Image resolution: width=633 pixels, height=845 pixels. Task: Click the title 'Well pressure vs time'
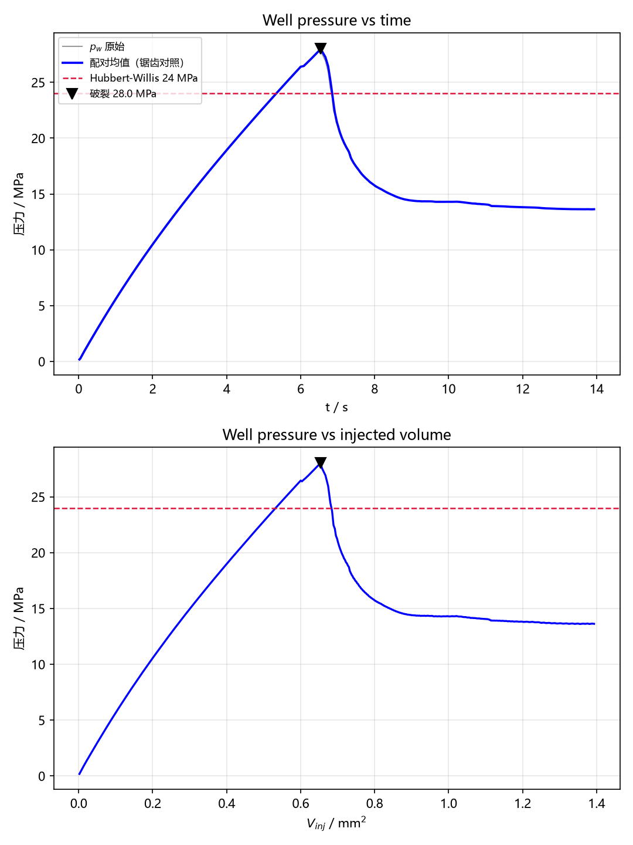336,20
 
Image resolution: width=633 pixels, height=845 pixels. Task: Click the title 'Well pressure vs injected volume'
336,435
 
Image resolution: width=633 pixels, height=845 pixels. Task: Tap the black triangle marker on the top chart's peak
320,48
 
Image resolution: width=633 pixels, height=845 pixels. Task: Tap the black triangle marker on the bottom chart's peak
320,462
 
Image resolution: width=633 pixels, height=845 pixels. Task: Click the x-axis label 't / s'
336,407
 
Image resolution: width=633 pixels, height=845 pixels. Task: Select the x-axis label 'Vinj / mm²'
336,823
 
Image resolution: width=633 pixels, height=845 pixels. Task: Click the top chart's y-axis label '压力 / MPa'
19,204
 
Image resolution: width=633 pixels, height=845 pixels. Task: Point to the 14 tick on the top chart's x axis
597,389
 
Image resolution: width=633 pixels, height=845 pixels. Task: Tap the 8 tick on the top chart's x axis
375,389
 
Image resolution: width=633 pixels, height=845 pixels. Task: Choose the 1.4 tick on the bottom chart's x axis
597,803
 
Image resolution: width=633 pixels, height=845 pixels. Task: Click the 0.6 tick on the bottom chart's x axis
301,803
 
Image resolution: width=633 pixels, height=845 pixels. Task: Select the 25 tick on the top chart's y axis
39,83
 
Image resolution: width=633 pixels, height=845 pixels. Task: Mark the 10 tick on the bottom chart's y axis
39,664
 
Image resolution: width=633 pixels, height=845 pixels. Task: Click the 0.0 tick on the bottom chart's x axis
79,803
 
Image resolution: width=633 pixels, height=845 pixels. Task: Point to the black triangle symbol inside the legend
72,93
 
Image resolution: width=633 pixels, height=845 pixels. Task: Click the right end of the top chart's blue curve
594,209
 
